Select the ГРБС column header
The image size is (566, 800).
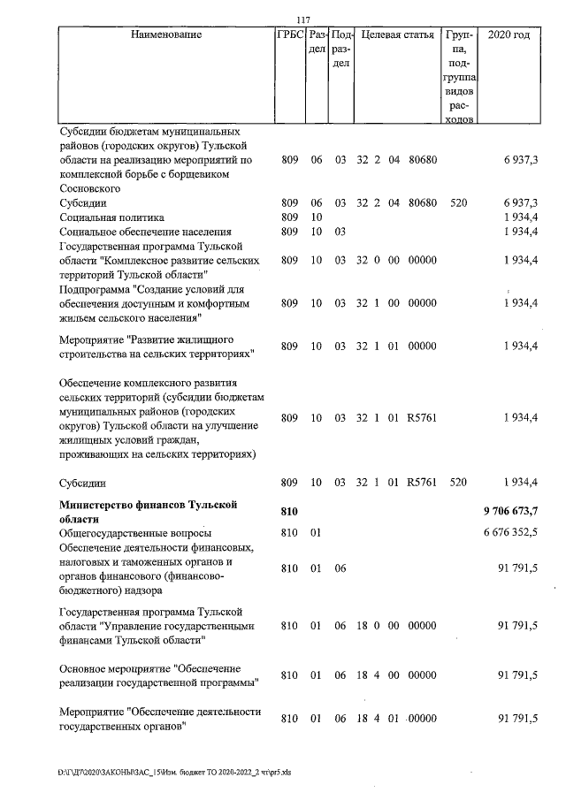(290, 35)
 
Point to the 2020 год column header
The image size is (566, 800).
(509, 35)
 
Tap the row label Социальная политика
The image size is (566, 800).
(111, 217)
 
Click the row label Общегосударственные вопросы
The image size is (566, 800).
(135, 533)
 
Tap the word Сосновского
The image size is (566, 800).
(89, 188)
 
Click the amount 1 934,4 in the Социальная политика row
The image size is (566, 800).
(522, 217)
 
